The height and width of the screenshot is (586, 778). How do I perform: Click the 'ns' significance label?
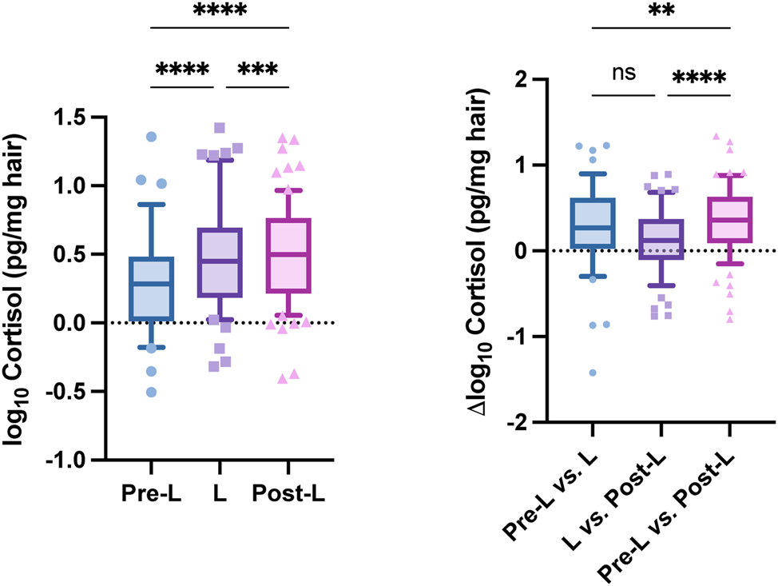pos(623,73)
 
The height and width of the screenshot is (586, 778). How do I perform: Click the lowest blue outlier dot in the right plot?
pos(592,373)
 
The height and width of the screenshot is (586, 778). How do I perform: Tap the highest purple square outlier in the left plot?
pos(219,128)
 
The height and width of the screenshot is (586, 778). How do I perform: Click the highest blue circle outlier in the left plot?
pos(152,137)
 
